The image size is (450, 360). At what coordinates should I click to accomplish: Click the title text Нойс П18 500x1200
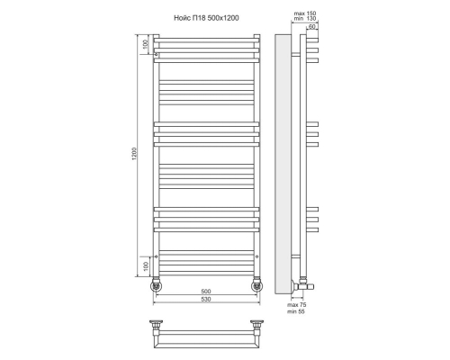[206, 18]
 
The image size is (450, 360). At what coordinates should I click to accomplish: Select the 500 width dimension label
[206, 292]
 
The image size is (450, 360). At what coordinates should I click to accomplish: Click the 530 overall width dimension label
[206, 299]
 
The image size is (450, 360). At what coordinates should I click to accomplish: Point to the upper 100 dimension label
[145, 44]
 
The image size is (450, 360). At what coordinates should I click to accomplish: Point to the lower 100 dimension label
[146, 266]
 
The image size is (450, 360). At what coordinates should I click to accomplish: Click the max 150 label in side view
[305, 13]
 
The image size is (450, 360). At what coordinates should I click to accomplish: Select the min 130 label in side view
[305, 18]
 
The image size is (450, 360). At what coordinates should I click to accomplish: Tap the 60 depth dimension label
[311, 27]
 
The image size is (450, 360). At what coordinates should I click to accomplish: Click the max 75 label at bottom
[297, 305]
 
